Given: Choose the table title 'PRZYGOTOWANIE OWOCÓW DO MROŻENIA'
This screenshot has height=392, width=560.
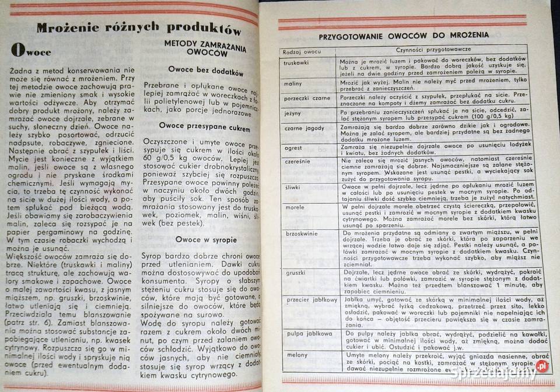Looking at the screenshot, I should click(404, 36).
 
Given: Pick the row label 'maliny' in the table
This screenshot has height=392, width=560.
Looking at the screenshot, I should click(293, 84).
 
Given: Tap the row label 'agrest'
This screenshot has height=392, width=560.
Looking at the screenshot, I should click(293, 147).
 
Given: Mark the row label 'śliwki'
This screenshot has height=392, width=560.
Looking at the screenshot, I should click(293, 186).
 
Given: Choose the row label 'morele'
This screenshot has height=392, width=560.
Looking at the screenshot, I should click(294, 207).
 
